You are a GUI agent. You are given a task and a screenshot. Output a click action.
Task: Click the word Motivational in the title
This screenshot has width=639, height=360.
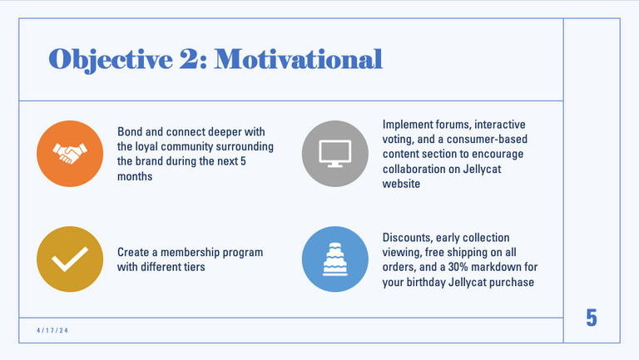point(299,59)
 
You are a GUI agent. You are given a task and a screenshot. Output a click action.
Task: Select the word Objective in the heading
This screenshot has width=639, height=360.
point(111,60)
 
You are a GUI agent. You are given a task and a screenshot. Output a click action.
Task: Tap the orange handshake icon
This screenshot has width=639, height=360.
point(70,154)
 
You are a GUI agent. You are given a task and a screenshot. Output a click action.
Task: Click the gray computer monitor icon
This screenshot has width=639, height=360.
point(335,154)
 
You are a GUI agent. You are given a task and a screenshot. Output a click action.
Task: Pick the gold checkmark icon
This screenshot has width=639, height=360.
point(70,259)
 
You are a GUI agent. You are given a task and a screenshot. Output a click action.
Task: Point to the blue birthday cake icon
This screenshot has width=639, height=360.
point(335,259)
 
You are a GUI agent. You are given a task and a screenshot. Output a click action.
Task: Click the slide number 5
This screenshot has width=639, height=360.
point(592,318)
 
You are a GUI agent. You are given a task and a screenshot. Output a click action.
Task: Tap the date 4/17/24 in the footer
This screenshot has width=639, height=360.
point(52,330)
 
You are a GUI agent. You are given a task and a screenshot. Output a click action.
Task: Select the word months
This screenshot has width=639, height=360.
point(135,176)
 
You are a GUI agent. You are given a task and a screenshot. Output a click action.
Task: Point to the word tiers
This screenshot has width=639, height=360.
point(194,267)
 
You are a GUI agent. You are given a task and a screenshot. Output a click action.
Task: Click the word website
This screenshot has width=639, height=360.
point(401,184)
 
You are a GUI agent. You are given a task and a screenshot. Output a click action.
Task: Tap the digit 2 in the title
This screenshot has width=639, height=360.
point(187,59)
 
